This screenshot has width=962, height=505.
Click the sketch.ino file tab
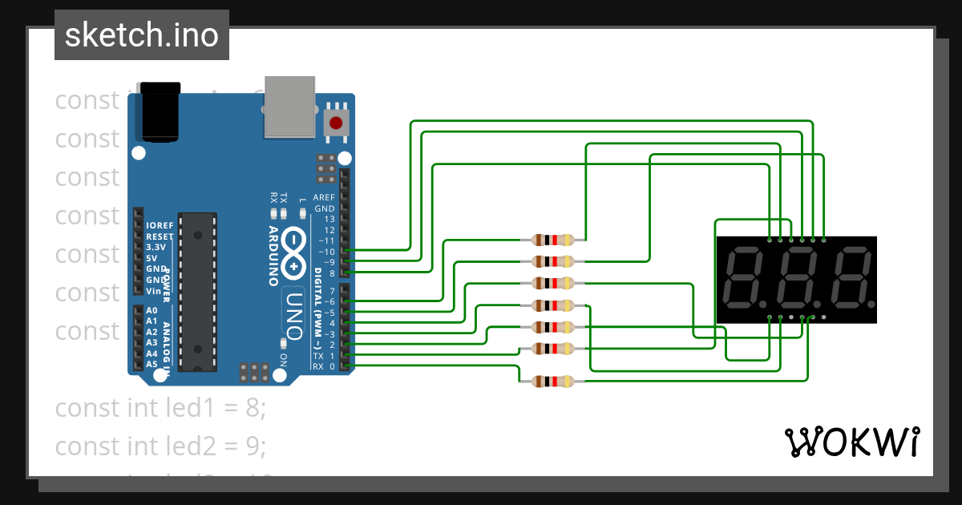click(x=142, y=35)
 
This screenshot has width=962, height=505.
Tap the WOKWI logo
click(x=851, y=442)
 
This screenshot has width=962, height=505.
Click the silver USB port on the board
click(x=289, y=106)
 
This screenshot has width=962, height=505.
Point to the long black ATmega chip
click(x=197, y=292)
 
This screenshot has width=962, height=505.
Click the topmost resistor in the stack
click(x=553, y=240)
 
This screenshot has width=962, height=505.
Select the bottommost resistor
click(x=553, y=382)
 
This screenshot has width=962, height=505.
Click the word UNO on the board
click(x=293, y=312)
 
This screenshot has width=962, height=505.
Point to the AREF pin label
click(x=324, y=197)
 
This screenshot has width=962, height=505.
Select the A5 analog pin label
click(x=152, y=364)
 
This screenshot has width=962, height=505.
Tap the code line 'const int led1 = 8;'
click(x=160, y=408)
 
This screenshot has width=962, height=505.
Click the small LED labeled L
click(x=302, y=213)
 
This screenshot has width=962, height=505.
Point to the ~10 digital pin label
click(x=325, y=252)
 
